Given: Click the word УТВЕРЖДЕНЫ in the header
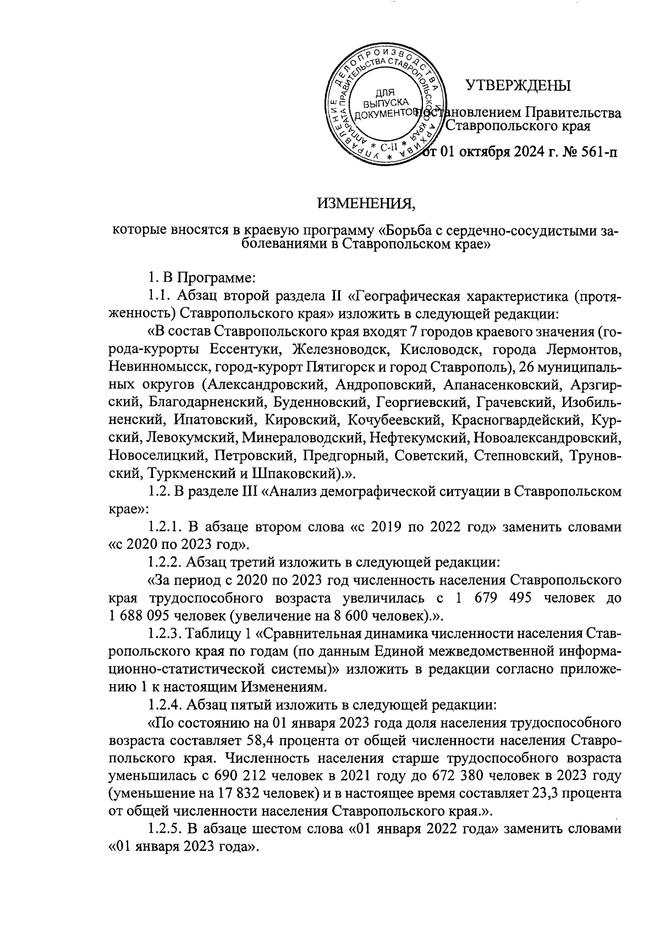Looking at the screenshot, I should (518, 86).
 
